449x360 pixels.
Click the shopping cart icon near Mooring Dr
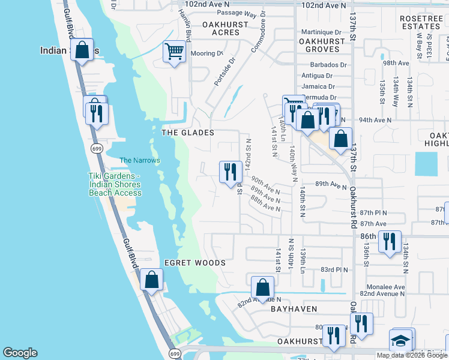(x=174, y=52)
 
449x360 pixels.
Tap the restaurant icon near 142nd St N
(x=231, y=173)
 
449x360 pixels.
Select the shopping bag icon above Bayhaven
(x=262, y=287)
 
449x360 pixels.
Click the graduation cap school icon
(x=400, y=340)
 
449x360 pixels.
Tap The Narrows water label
(x=140, y=160)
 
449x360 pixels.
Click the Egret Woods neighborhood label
(x=195, y=263)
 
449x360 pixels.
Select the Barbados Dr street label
(x=328, y=65)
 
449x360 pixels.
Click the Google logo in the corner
(x=20, y=353)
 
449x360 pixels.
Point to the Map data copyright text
(x=412, y=355)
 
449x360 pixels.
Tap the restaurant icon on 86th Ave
(x=390, y=241)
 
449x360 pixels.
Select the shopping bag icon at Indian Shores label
(x=82, y=50)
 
